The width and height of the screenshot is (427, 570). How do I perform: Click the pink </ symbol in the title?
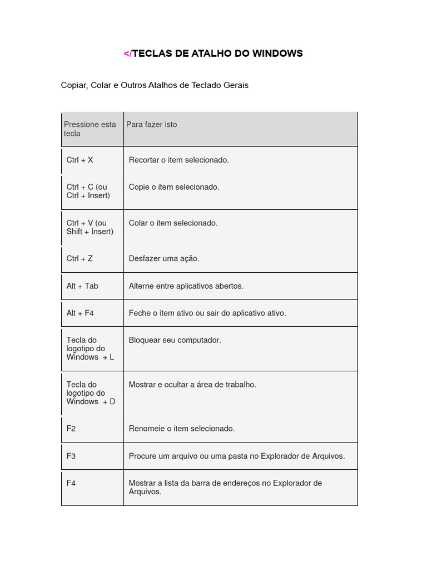(127, 53)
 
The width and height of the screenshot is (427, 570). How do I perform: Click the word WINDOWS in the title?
(277, 53)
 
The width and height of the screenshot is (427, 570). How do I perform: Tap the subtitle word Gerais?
(236, 85)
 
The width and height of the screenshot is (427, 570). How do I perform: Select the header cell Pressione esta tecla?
(90, 129)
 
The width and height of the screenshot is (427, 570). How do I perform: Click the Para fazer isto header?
(151, 125)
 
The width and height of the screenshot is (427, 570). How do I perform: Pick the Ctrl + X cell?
(80, 160)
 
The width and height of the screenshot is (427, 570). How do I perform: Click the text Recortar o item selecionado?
(178, 160)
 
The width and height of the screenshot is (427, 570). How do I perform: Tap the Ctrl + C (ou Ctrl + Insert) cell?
(88, 191)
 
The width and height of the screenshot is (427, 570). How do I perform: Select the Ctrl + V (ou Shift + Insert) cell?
(90, 227)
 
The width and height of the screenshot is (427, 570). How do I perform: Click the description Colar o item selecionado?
(173, 223)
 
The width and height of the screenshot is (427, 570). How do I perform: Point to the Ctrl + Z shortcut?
(80, 259)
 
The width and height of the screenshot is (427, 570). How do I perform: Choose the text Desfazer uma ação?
(163, 259)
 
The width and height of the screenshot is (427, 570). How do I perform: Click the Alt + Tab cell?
(82, 286)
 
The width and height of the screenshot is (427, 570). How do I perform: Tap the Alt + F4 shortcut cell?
(80, 313)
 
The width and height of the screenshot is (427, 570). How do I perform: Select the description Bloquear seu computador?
(175, 340)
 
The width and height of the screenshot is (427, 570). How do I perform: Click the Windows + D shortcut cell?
(91, 393)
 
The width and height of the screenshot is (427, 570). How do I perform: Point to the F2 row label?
(71, 429)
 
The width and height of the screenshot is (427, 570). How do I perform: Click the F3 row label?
(71, 456)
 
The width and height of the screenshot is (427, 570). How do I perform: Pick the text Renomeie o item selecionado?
(181, 429)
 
